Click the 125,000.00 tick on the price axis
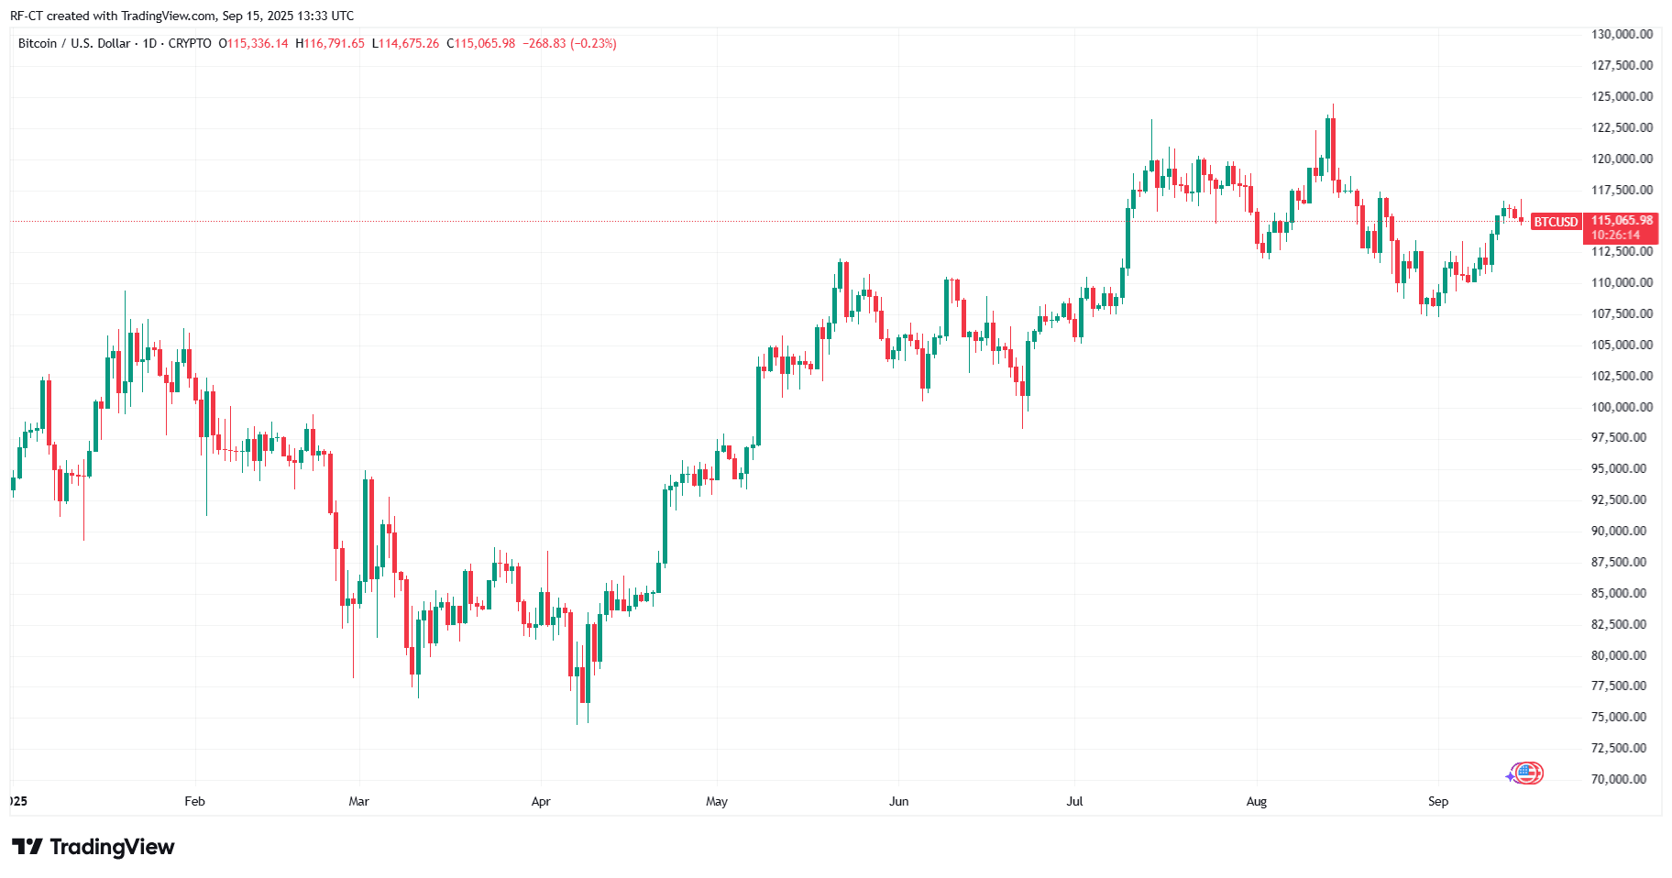pyautogui.click(x=1622, y=96)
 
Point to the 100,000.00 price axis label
pyautogui.click(x=1622, y=407)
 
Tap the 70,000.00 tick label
pyautogui.click(x=1622, y=779)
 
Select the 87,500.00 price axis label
pyautogui.click(x=1622, y=562)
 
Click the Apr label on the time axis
pyautogui.click(x=541, y=801)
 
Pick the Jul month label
pyautogui.click(x=1074, y=801)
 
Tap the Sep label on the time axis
pyautogui.click(x=1437, y=801)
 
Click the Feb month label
pyautogui.click(x=194, y=801)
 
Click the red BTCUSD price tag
pyautogui.click(x=1556, y=222)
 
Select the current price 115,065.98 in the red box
pyautogui.click(x=1622, y=220)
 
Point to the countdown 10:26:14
pyautogui.click(x=1615, y=235)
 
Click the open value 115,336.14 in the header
pyautogui.click(x=258, y=43)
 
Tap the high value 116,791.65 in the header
pyautogui.click(x=334, y=43)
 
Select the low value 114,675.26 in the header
pyautogui.click(x=409, y=43)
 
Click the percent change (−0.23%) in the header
pyautogui.click(x=593, y=43)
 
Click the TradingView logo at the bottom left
pyautogui.click(x=93, y=847)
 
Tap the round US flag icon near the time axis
pyautogui.click(x=1527, y=774)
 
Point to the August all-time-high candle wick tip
pyautogui.click(x=1333, y=105)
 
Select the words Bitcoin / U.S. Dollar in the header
pyautogui.click(x=74, y=43)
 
